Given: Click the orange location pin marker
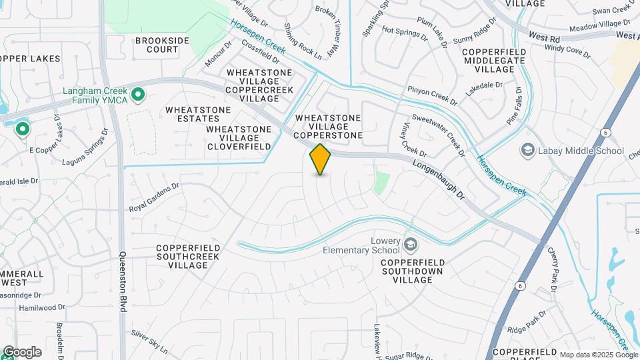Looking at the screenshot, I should click(x=320, y=159).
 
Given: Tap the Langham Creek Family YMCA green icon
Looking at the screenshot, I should click(x=138, y=95).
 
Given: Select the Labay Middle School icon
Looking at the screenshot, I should click(x=528, y=150).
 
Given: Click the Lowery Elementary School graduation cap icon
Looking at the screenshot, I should click(x=409, y=244).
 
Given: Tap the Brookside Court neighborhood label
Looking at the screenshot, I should click(x=162, y=45).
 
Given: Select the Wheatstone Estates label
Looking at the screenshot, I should click(x=198, y=114).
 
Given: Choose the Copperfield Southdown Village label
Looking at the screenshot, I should click(x=417, y=271).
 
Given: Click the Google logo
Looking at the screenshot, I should click(x=22, y=351).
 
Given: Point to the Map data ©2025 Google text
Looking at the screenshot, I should click(x=599, y=355).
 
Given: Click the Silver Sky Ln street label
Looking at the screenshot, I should click(x=149, y=341).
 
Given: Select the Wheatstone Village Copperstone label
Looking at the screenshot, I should click(x=328, y=127).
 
